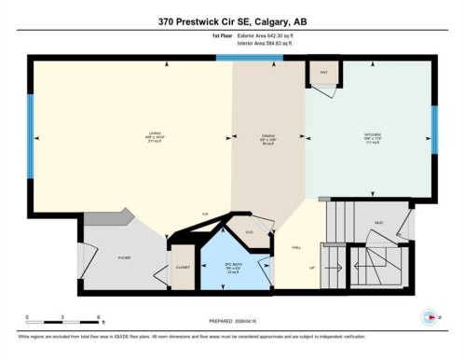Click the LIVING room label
click(x=128, y=134)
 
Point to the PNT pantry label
click(x=323, y=72)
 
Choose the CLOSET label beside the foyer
click(x=183, y=268)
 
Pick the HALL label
click(x=296, y=247)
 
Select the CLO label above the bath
click(x=249, y=230)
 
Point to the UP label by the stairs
click(x=313, y=267)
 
